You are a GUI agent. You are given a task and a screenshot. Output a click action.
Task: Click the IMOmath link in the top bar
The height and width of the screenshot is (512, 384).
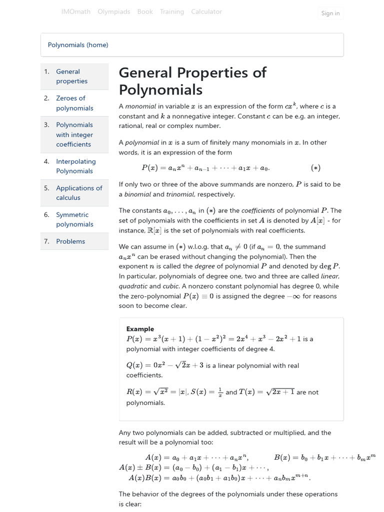coord(75,11)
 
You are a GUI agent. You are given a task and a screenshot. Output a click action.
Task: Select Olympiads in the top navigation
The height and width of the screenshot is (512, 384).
coord(114,11)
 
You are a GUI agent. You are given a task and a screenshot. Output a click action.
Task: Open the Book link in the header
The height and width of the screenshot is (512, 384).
coord(145,11)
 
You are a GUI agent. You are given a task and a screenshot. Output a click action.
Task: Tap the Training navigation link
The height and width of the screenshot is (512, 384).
coord(171,11)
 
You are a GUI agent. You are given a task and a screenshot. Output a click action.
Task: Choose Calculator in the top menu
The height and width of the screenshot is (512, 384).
coord(206,11)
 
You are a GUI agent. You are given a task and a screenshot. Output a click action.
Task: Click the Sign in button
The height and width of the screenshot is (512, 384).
coord(330,13)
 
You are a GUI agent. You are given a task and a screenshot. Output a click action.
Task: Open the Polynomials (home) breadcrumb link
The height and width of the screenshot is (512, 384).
coord(78,45)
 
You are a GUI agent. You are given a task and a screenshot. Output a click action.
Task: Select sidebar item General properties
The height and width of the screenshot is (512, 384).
coord(71,76)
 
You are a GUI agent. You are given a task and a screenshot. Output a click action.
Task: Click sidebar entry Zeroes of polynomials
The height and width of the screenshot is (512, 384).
coord(74,103)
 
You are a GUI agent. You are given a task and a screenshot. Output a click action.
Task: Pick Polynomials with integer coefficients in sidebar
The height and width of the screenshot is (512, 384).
coord(74,134)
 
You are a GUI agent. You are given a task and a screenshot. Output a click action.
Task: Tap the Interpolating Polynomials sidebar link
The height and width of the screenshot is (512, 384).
coord(75,166)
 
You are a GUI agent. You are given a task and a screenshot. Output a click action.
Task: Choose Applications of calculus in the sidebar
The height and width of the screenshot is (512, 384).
coord(78,192)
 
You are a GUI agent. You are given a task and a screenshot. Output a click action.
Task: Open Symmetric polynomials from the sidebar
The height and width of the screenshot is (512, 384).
coord(74,219)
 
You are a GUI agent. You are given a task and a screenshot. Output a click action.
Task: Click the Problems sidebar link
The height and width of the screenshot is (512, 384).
coord(70,241)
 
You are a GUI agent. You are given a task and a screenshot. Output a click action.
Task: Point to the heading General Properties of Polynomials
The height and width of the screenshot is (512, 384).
coord(192,81)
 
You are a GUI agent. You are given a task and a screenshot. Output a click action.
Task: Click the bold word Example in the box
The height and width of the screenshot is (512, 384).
coord(140,329)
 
